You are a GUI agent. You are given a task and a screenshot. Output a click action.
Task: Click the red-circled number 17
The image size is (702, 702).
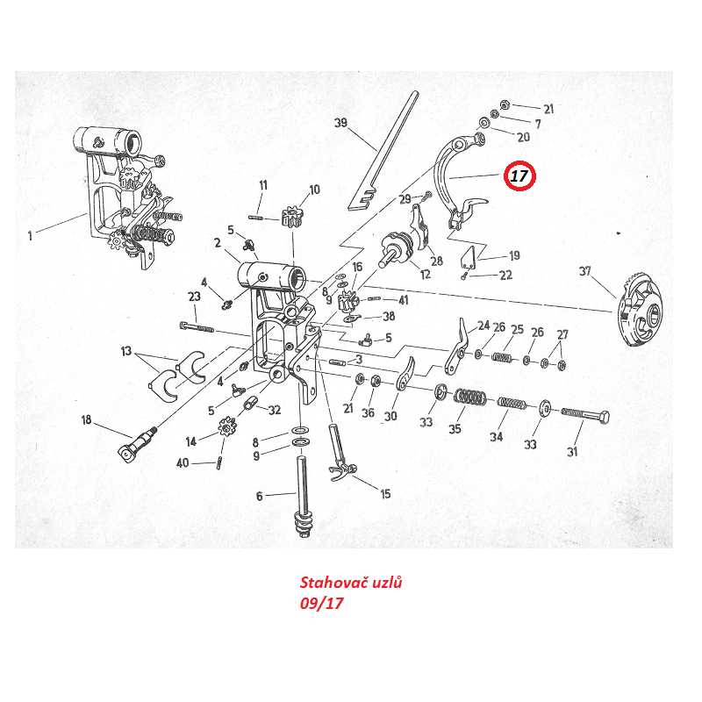pyautogui.click(x=519, y=176)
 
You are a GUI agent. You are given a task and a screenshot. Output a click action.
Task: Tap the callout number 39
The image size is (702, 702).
pyautogui.click(x=341, y=123)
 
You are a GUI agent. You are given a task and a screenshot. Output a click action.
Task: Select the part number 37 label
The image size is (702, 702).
pyautogui.click(x=585, y=271)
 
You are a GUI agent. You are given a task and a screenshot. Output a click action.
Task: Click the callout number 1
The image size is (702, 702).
pyautogui.click(x=30, y=234)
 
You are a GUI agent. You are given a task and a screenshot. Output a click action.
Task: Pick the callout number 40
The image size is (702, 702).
pyautogui.click(x=183, y=462)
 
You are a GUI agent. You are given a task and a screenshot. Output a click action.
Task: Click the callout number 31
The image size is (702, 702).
pyautogui.click(x=572, y=453)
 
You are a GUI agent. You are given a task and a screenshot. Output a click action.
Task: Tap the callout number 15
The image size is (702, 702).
pyautogui.click(x=385, y=494)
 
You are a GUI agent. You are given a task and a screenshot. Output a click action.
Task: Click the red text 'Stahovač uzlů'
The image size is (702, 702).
pyautogui.click(x=351, y=583)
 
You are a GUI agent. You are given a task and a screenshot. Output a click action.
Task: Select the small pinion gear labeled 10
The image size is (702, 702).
pyautogui.click(x=292, y=216)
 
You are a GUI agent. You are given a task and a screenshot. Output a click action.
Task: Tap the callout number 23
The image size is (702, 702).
pyautogui.click(x=195, y=297)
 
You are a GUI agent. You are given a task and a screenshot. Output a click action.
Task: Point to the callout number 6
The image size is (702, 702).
pyautogui.click(x=259, y=497)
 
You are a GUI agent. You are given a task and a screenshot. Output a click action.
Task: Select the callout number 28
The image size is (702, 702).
pyautogui.click(x=436, y=261)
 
